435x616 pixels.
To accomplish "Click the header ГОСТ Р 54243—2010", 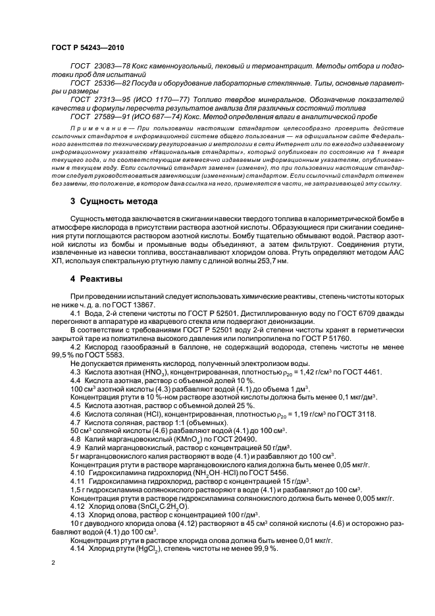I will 87,48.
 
